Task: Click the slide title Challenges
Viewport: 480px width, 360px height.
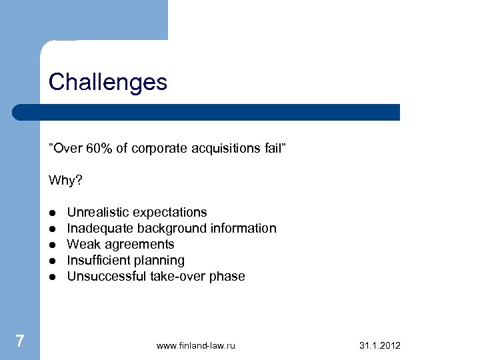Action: (x=108, y=83)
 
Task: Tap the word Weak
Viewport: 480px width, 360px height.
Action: (x=83, y=244)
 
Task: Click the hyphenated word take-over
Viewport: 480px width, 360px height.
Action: (x=176, y=276)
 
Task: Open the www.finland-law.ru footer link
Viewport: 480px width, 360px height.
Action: (x=196, y=345)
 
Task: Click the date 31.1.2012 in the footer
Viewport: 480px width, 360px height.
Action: (x=380, y=345)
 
